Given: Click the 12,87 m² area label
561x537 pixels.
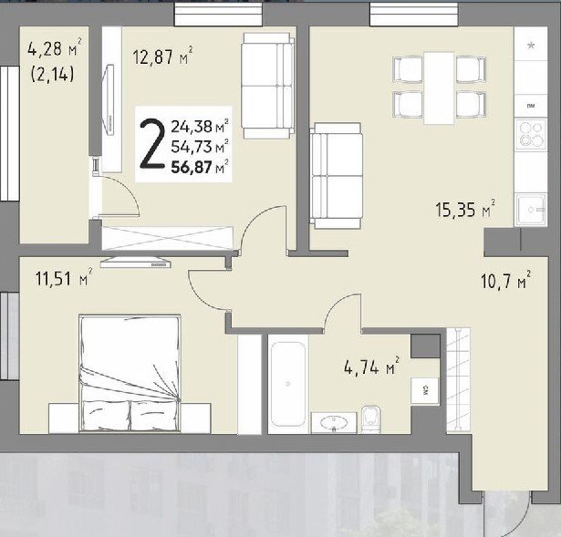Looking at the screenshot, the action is tap(162, 56).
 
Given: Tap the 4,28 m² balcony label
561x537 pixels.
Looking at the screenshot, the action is tap(55, 48).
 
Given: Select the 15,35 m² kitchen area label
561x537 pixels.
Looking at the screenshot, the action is tap(465, 209).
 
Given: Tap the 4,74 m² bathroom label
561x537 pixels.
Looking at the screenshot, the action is tap(371, 367).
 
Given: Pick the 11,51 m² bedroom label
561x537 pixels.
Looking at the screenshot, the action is tap(64, 277).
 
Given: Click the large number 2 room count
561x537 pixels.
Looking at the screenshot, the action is tap(152, 144).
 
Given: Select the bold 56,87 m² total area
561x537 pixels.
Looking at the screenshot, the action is tap(200, 167).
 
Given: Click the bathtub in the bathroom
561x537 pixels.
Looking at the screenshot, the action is tap(288, 384).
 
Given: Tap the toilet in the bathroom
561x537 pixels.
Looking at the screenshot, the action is tap(370, 418).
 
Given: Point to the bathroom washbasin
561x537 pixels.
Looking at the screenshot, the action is tap(334, 423).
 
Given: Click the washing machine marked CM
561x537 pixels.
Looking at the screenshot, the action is tap(425, 391).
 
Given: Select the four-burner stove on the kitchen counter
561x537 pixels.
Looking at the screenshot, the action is tap(531, 134).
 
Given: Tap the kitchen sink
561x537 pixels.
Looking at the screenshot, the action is tap(531, 210).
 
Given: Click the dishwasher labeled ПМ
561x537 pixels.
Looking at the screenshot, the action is tap(531, 106).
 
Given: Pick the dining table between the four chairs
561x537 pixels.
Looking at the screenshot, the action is tap(439, 88).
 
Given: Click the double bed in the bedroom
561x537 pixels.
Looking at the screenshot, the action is tap(130, 373).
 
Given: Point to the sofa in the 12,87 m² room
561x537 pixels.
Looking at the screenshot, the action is tap(267, 86).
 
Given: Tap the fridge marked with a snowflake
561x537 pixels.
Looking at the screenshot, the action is tap(531, 44).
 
